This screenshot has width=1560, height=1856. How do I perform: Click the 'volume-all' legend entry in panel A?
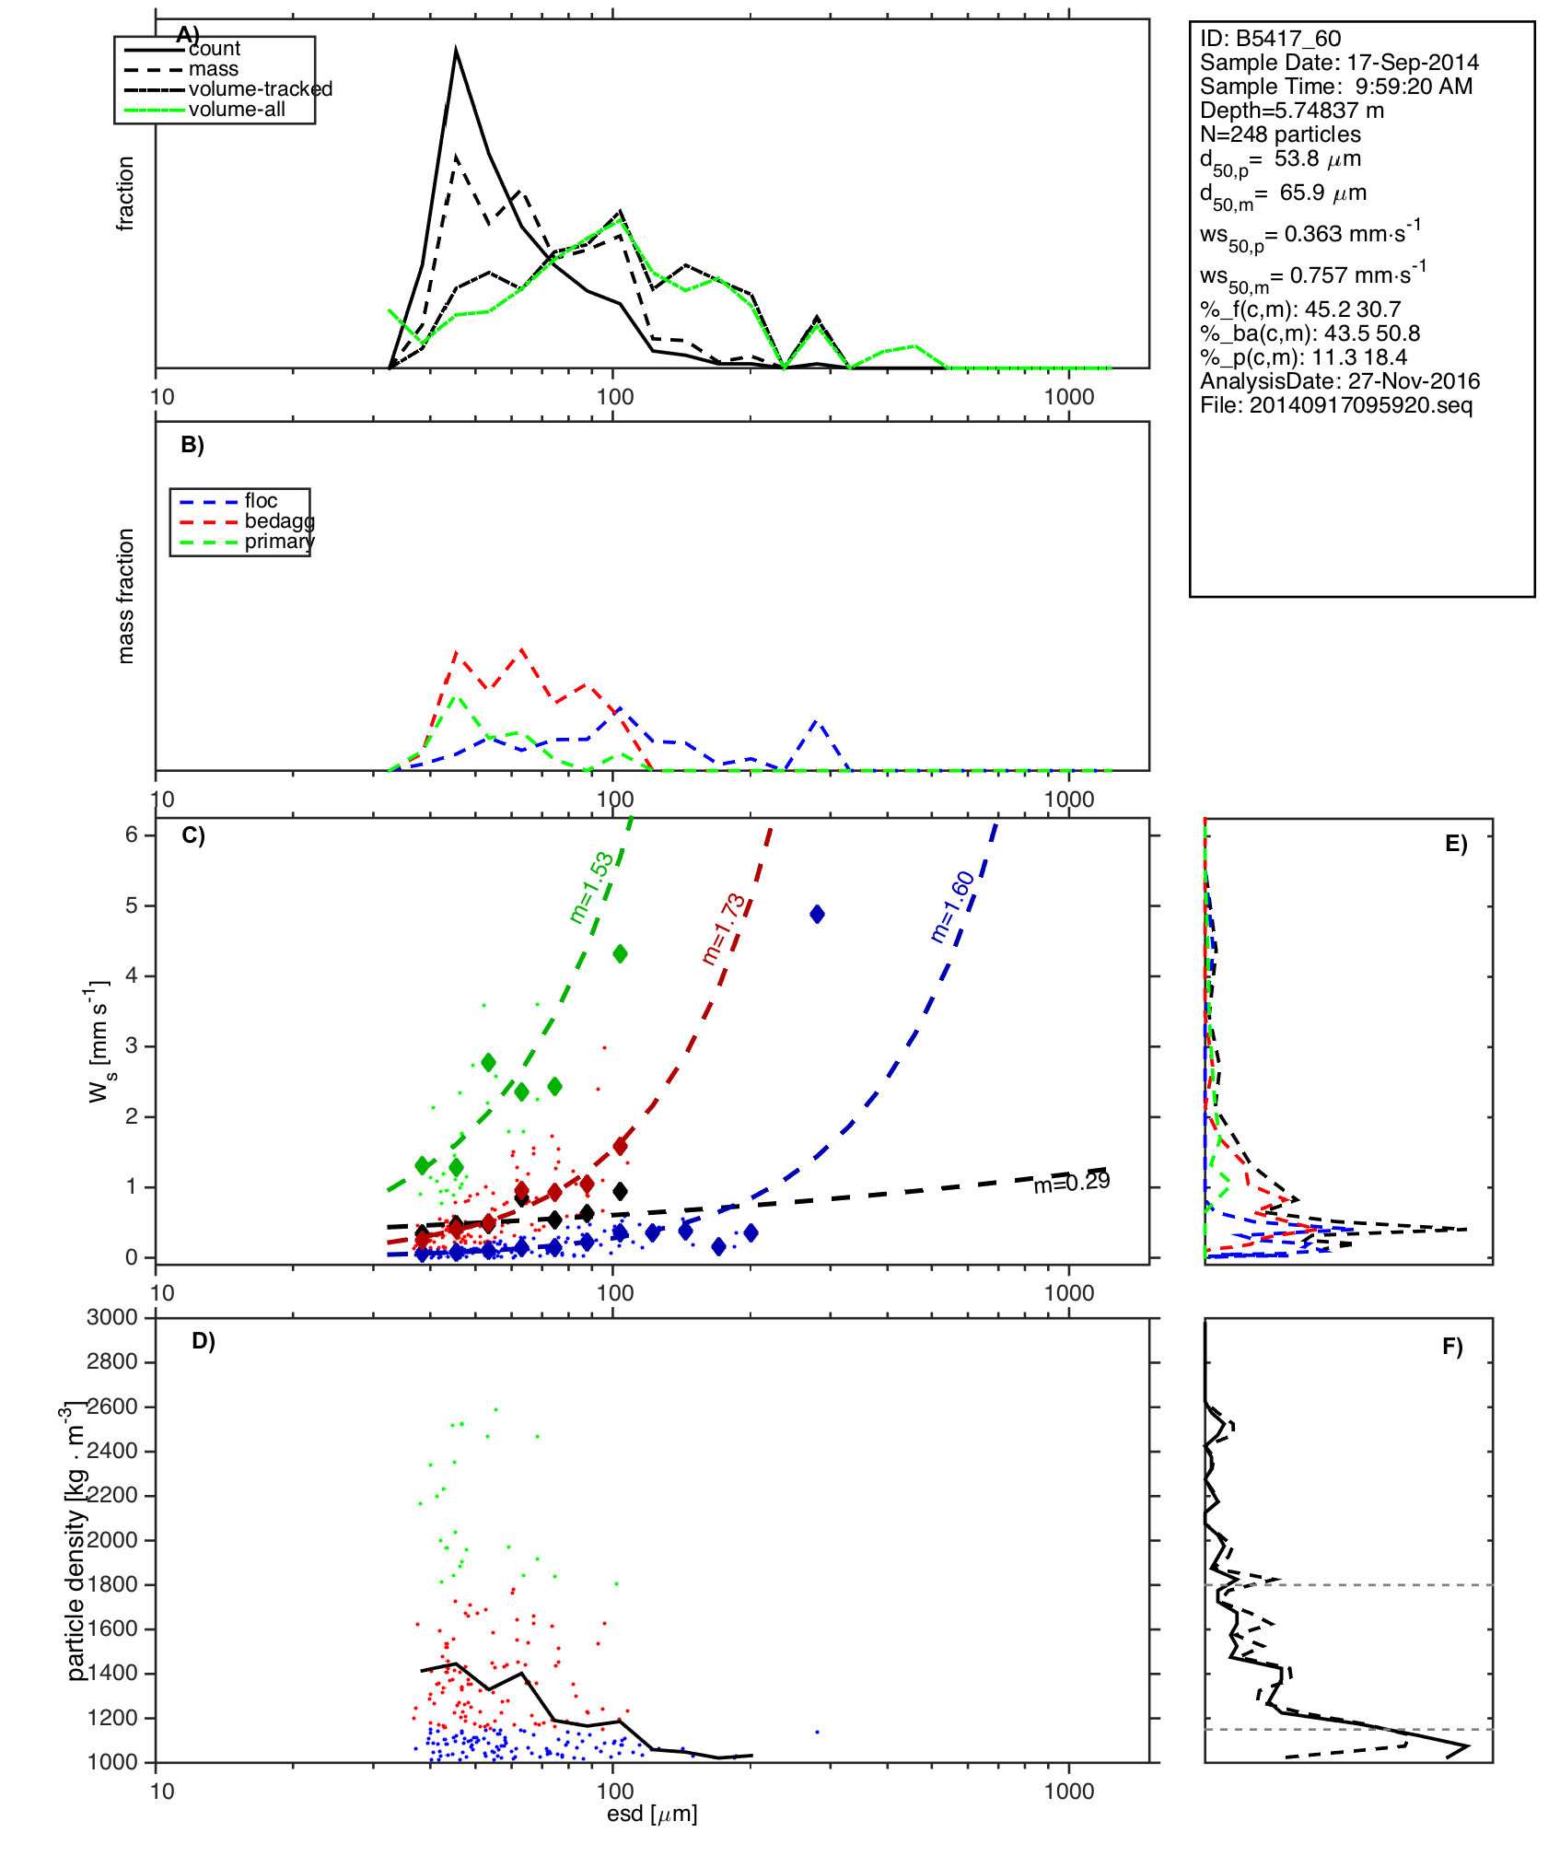pyautogui.click(x=237, y=110)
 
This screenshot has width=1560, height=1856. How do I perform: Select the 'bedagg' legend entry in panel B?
pyautogui.click(x=279, y=521)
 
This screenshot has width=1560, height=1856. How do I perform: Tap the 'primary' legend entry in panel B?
pyautogui.click(x=279, y=542)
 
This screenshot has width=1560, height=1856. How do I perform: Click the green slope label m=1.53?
pyautogui.click(x=591, y=887)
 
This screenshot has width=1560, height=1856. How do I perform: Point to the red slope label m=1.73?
pyautogui.click(x=724, y=928)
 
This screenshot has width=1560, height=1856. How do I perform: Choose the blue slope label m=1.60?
pyautogui.click(x=952, y=906)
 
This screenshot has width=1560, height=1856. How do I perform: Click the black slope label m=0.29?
pyautogui.click(x=1071, y=1183)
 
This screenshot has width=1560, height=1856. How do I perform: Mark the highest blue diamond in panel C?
pyautogui.click(x=817, y=915)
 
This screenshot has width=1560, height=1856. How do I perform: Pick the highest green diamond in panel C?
pyautogui.click(x=620, y=953)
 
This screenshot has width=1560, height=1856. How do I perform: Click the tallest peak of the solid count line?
pyautogui.click(x=456, y=52)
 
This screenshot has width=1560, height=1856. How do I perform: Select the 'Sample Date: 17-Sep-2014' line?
pyautogui.click(x=1339, y=63)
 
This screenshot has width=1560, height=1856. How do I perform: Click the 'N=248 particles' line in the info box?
pyautogui.click(x=1280, y=134)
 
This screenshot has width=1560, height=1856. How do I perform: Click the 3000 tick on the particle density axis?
pyautogui.click(x=112, y=1317)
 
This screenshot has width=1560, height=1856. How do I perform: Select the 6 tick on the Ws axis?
pyautogui.click(x=132, y=835)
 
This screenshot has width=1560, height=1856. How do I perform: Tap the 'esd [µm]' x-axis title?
pyautogui.click(x=652, y=1814)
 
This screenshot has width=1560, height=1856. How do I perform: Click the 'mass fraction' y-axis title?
pyautogui.click(x=126, y=596)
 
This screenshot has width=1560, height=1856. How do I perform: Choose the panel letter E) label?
pyautogui.click(x=1456, y=844)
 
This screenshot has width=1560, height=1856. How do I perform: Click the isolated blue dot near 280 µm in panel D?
pyautogui.click(x=817, y=1732)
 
